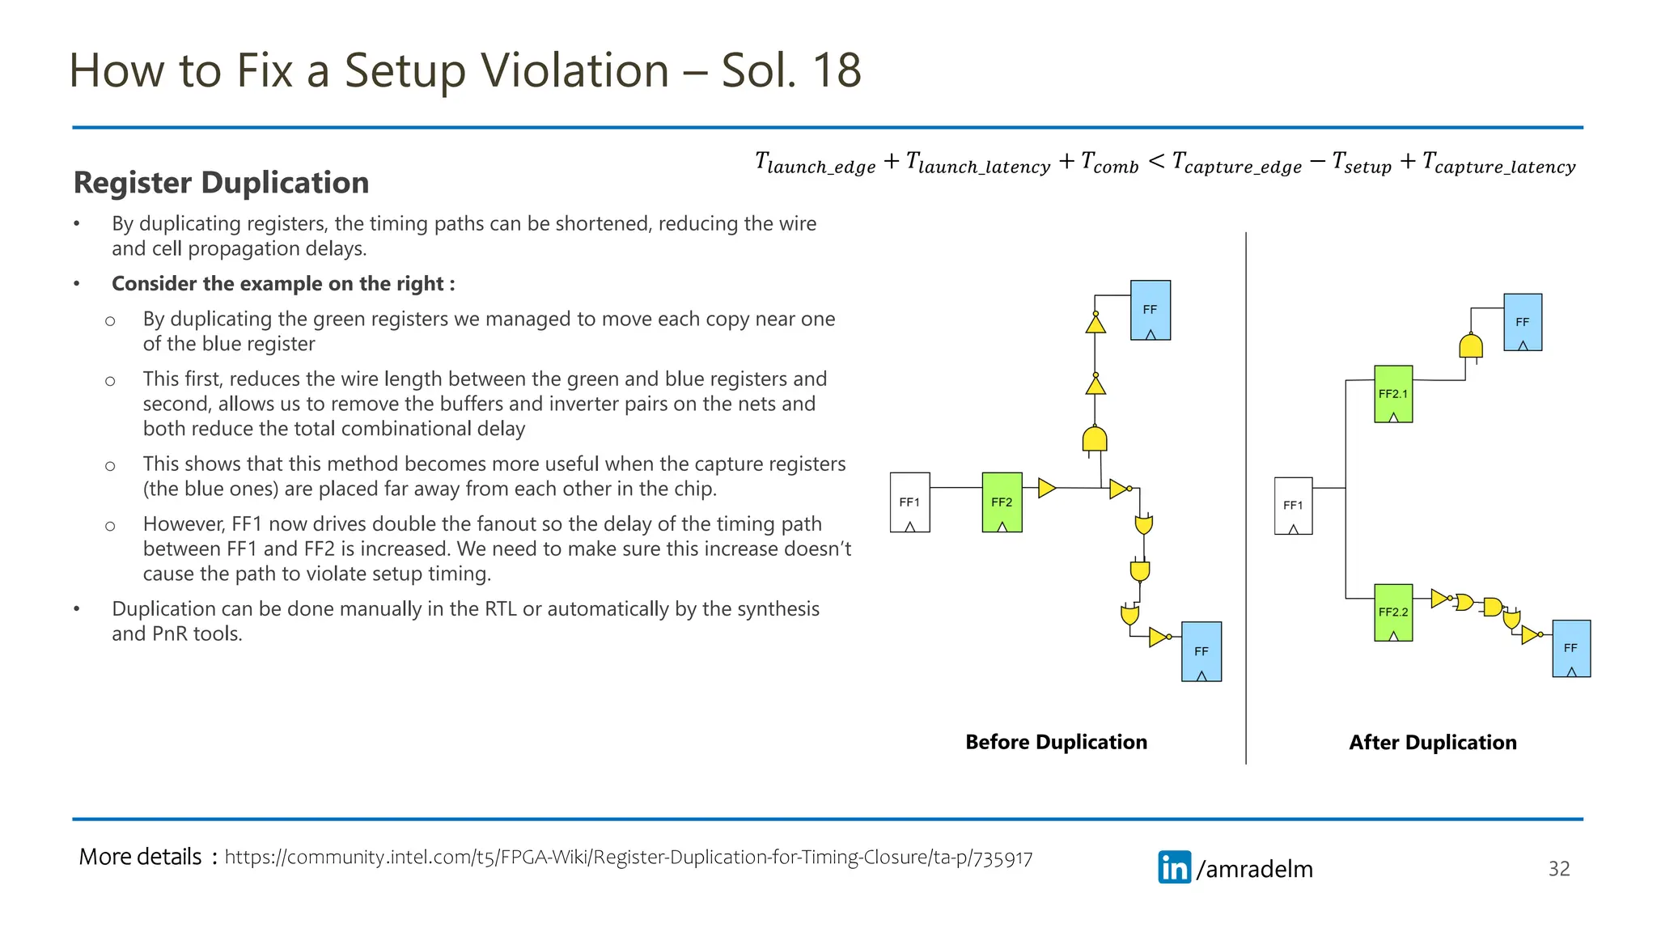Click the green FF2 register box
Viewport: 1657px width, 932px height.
tap(1002, 502)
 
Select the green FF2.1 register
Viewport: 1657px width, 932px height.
tap(1392, 394)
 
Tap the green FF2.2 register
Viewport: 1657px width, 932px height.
tap(1392, 612)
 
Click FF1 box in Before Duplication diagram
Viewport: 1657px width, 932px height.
tap(909, 502)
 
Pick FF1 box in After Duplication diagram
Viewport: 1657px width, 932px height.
tap(1293, 506)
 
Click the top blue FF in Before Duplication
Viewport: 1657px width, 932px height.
tap(1150, 310)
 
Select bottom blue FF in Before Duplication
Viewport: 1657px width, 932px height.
tap(1201, 651)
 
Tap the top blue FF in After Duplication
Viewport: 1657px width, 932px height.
tap(1522, 322)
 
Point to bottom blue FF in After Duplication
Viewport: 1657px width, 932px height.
tap(1570, 648)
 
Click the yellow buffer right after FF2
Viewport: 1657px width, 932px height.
tap(1046, 488)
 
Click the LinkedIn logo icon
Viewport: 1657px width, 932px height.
tap(1174, 867)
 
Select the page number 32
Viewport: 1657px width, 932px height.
tap(1558, 869)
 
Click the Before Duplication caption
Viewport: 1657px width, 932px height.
tap(1056, 742)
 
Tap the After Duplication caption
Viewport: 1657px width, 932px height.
tap(1432, 743)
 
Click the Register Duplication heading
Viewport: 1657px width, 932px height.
tap(221, 183)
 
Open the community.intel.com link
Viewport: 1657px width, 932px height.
tap(628, 858)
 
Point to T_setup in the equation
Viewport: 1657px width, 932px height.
tap(1362, 163)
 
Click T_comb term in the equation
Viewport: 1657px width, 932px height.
tap(1109, 163)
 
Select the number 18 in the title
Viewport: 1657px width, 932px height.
tap(837, 70)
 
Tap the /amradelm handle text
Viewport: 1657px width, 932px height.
tap(1254, 869)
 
